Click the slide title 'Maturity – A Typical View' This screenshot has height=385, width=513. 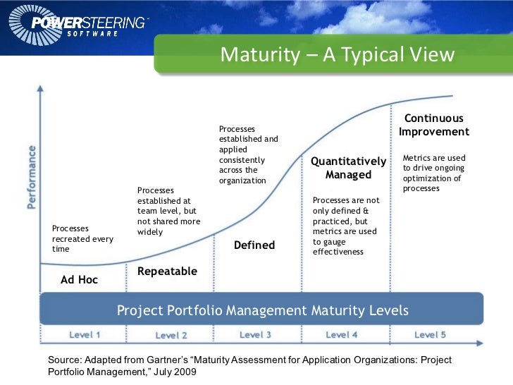point(338,55)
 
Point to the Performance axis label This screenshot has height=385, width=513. point(32,177)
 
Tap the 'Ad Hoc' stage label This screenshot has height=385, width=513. point(79,280)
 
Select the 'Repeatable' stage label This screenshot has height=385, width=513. point(167,271)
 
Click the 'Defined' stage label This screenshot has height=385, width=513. point(254,245)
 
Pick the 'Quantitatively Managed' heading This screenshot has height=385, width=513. point(348,168)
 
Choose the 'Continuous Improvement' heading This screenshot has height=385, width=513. point(433,125)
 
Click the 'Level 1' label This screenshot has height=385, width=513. point(85,334)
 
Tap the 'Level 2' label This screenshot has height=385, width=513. point(171,335)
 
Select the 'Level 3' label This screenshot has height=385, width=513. point(255,334)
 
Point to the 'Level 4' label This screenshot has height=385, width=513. point(342,334)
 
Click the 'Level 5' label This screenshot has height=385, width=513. point(430,334)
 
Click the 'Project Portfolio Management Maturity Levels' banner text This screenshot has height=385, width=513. point(262,310)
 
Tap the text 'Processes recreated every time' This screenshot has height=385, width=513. point(82,238)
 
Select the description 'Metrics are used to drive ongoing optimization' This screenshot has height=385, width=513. point(433,173)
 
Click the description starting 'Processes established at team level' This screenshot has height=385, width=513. point(168,211)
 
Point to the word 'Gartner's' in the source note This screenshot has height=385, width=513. point(170,360)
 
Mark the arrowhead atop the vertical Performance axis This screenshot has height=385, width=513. point(41,90)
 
